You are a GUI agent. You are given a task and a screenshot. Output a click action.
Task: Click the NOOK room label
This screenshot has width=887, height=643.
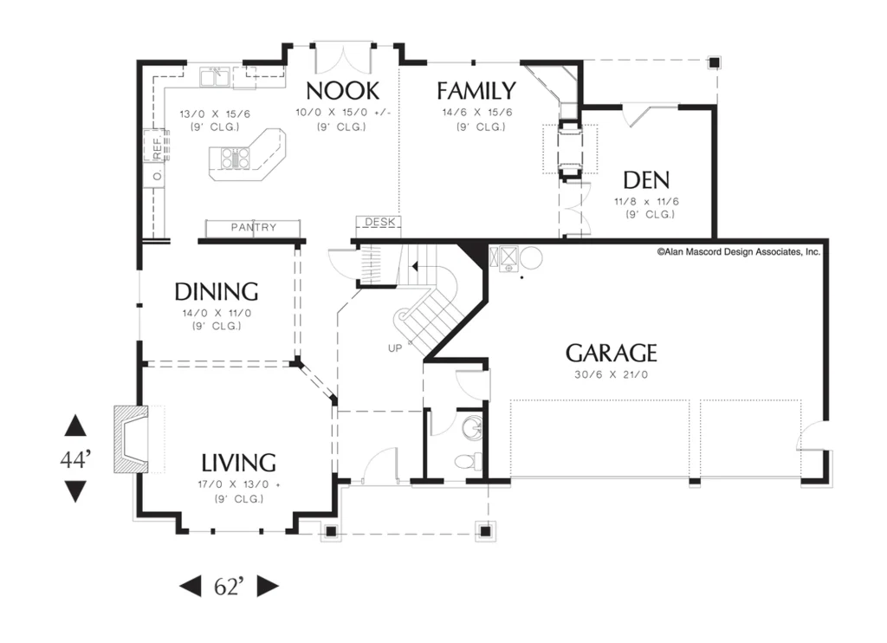pyautogui.click(x=343, y=91)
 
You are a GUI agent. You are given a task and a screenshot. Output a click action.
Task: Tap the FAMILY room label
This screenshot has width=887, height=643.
pyautogui.click(x=476, y=91)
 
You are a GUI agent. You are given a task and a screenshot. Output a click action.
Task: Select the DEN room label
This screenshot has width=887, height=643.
pyautogui.click(x=646, y=180)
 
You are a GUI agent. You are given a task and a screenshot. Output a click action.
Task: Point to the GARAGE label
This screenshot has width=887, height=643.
pyautogui.click(x=611, y=353)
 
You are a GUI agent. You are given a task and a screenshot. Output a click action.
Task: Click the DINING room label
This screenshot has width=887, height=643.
pyautogui.click(x=216, y=291)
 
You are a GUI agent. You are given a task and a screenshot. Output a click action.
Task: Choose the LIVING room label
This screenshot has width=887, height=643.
pyautogui.click(x=239, y=463)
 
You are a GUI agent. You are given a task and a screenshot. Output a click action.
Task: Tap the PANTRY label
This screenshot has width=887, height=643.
pyautogui.click(x=254, y=227)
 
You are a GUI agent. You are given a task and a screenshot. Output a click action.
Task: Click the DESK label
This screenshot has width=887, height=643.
pyautogui.click(x=379, y=221)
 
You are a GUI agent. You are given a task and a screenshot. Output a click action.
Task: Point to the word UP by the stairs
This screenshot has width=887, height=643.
pyautogui.click(x=395, y=348)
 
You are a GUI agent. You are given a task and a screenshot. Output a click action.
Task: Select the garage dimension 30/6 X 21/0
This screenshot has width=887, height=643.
pyautogui.click(x=611, y=374)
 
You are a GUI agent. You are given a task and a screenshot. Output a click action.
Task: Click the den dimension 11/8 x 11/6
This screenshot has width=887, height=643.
pyautogui.click(x=646, y=201)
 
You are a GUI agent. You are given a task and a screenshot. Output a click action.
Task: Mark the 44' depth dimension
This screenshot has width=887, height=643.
pyautogui.click(x=75, y=459)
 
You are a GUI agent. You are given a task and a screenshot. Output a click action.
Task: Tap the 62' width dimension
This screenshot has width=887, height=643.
pyautogui.click(x=229, y=587)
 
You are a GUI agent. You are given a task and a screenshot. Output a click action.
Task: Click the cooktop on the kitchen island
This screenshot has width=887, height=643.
pyautogui.click(x=236, y=158)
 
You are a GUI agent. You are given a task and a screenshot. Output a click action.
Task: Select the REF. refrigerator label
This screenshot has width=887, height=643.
pyautogui.click(x=158, y=146)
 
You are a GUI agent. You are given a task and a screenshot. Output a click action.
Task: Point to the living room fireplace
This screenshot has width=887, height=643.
pyautogui.click(x=132, y=438)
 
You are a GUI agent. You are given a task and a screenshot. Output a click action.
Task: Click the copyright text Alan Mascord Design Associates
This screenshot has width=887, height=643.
pyautogui.click(x=738, y=252)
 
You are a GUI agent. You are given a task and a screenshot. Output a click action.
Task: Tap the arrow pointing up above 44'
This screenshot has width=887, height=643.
pyautogui.click(x=75, y=425)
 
